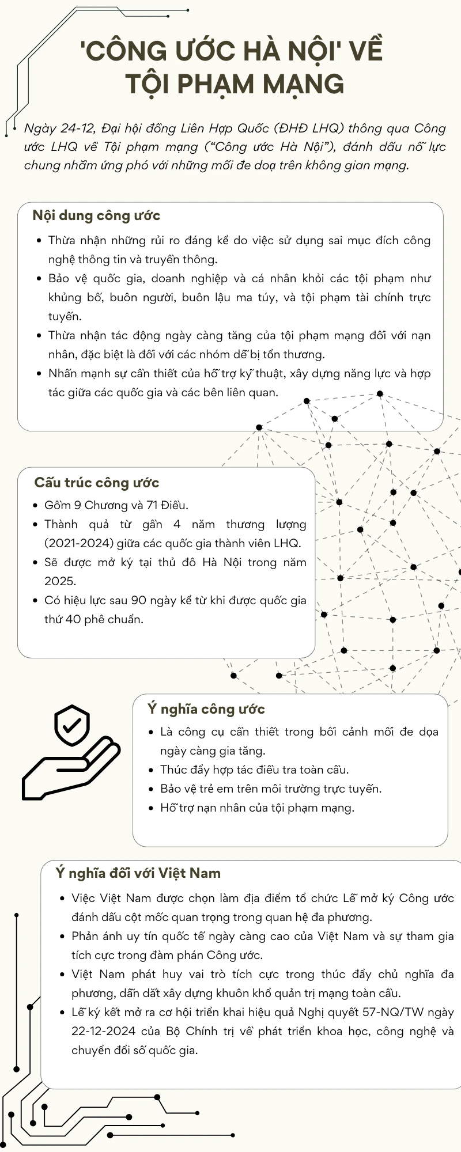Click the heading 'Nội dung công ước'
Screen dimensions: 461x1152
click(x=96, y=216)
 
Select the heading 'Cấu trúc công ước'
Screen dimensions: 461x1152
click(x=96, y=483)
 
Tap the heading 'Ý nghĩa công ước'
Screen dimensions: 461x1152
click(x=206, y=709)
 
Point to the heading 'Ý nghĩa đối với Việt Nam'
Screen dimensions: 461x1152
click(x=138, y=873)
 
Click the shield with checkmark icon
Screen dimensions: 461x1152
click(x=71, y=726)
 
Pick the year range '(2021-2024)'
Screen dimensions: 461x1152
click(x=77, y=543)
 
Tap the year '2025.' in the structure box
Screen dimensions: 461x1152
click(x=60, y=581)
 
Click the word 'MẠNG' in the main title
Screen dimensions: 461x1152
click(x=303, y=84)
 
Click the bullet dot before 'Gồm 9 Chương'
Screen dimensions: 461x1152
click(x=36, y=506)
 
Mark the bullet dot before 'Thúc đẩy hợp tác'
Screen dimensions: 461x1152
click(x=152, y=771)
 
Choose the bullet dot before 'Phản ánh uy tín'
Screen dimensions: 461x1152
click(x=63, y=937)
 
